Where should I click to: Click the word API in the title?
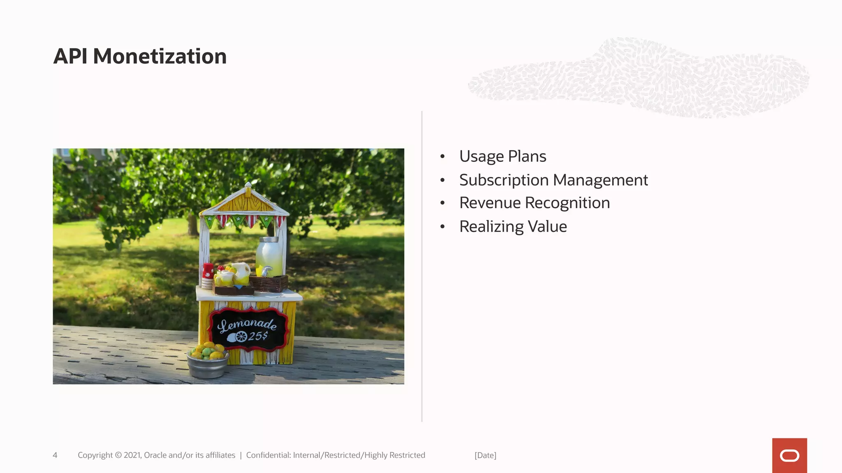click(70, 56)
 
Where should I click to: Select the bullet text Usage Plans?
click(502, 156)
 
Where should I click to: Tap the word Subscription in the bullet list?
click(504, 180)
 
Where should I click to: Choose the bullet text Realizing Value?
click(513, 227)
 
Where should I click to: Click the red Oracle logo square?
click(789, 455)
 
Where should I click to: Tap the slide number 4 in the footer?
click(55, 455)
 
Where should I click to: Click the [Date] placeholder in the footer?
click(485, 455)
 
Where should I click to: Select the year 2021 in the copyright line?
click(132, 455)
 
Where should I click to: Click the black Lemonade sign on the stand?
click(248, 328)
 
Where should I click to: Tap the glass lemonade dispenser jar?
click(270, 256)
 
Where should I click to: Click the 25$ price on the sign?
click(258, 336)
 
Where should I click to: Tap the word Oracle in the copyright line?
click(155, 455)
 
